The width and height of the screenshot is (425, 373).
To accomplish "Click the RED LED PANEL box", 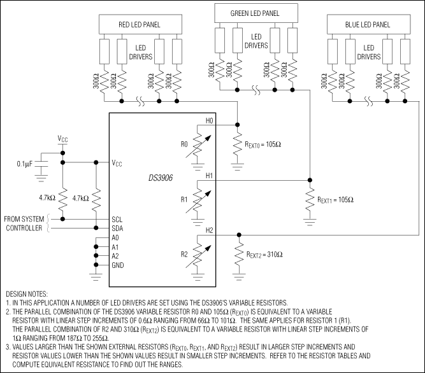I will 139,25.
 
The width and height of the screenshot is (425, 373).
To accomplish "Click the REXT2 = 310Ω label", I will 264,254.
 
